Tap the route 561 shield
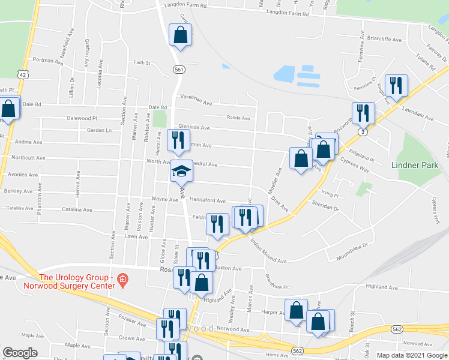tap(179, 70)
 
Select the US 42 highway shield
tap(22, 74)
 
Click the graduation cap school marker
tap(181, 172)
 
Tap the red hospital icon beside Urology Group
tap(122, 278)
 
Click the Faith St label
tap(141, 62)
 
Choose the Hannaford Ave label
tap(207, 201)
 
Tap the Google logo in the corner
tap(19, 353)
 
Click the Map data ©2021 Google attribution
tap(412, 355)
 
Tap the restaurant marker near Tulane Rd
tap(396, 86)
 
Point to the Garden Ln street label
tap(99, 130)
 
